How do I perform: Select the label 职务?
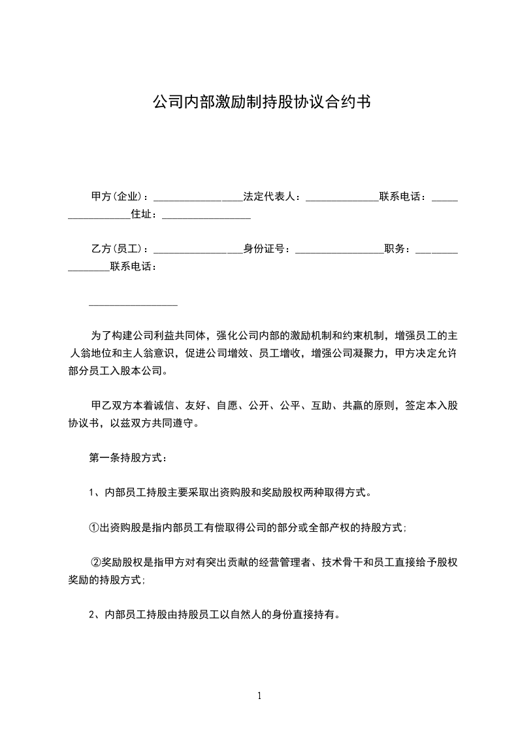point(397,249)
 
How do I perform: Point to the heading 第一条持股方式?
point(127,458)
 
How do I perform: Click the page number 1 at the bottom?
point(260,696)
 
